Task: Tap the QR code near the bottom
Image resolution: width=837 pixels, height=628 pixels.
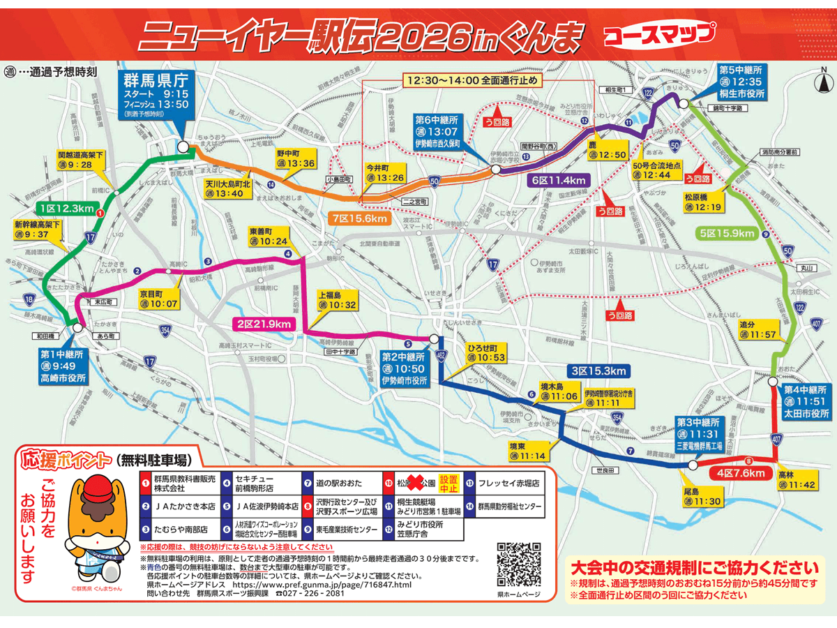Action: tap(520, 565)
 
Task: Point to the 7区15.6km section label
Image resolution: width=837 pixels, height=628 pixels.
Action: tap(359, 218)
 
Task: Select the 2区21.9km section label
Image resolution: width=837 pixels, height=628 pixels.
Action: tap(262, 322)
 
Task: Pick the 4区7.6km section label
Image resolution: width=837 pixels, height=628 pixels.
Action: tap(725, 472)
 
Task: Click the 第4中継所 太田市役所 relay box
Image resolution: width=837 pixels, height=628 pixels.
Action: tap(806, 403)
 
